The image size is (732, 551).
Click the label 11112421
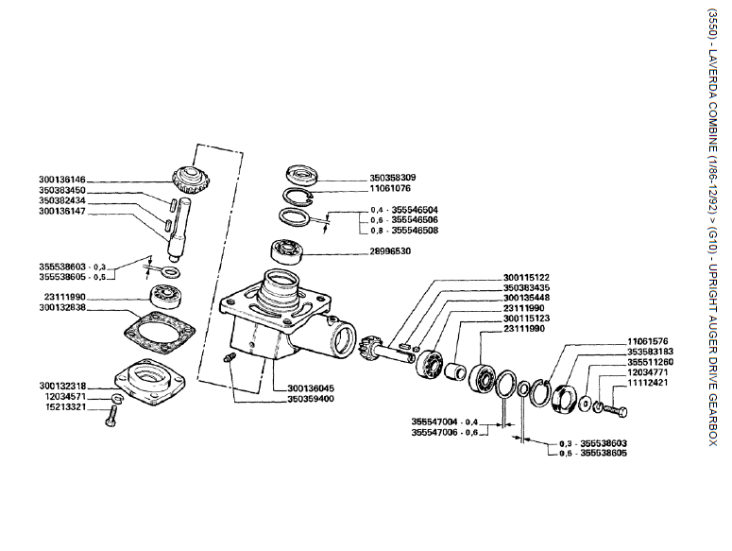pos(650,385)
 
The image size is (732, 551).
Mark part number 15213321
pos(62,407)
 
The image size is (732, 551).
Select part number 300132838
pos(62,308)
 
